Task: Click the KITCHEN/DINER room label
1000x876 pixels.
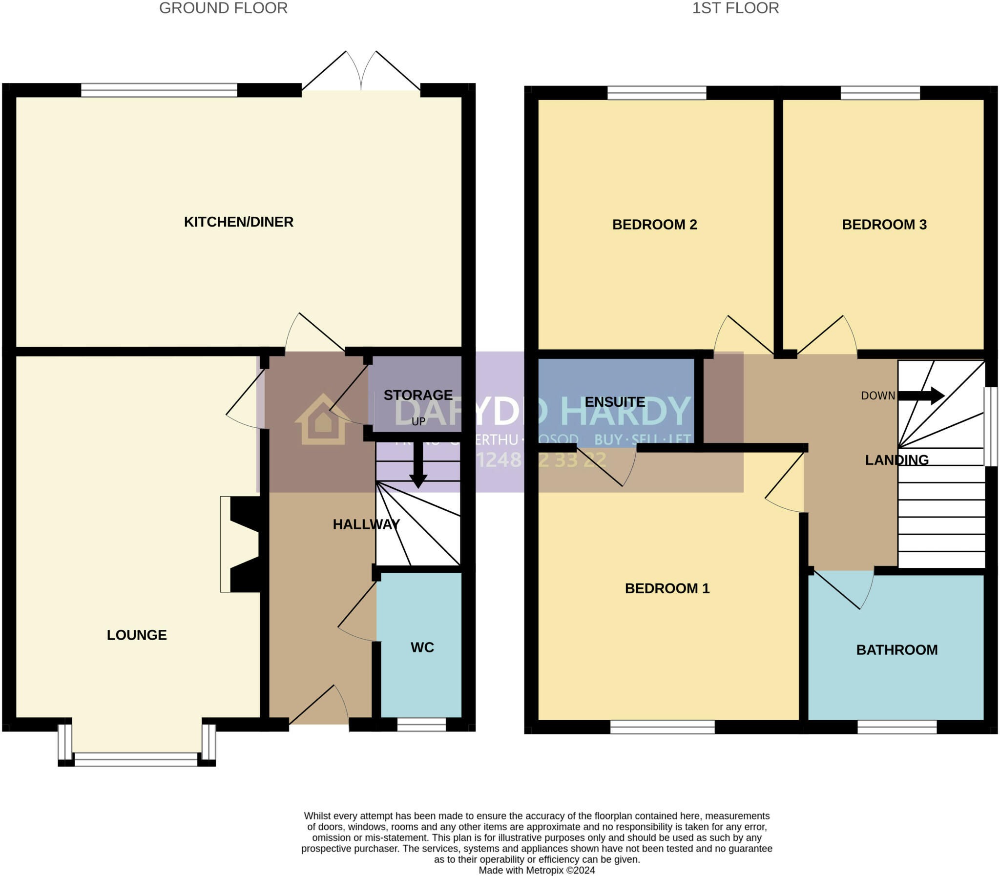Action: (238, 222)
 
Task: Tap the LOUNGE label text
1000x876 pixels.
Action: (137, 635)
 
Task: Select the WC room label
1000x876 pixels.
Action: (422, 647)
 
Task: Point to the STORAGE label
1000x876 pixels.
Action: (418, 395)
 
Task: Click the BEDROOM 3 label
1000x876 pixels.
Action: (884, 225)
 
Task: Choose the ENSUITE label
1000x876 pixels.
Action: (615, 402)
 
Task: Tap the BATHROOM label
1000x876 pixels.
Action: (897, 649)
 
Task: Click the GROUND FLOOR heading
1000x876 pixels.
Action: (223, 8)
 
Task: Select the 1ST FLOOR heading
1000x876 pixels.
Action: (735, 8)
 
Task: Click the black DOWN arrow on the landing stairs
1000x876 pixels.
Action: (921, 396)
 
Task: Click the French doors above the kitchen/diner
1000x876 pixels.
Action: (361, 73)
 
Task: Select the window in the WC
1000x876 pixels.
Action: (421, 724)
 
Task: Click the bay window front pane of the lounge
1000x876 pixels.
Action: (136, 759)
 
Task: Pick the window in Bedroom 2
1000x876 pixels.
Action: (656, 92)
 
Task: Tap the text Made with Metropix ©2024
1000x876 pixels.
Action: (537, 870)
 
